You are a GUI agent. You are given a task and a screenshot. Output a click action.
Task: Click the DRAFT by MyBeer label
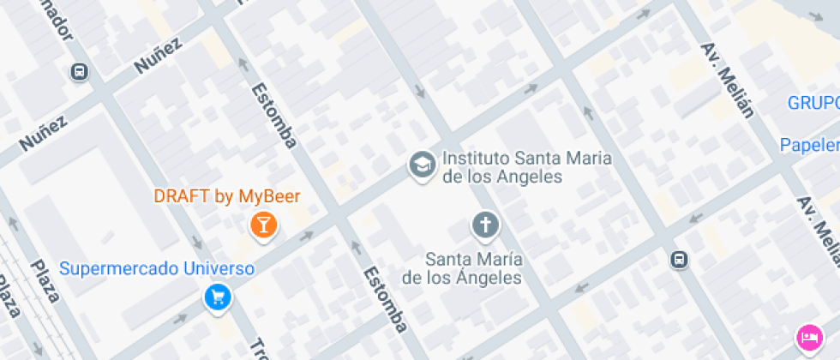(x=227, y=196)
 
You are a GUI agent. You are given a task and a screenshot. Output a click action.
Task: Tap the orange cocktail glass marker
(x=262, y=225)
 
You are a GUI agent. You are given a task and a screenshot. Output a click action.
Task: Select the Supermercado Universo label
(x=157, y=268)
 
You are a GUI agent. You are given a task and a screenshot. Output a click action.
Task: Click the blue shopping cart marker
(x=217, y=297)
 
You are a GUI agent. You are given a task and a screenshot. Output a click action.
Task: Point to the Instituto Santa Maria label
(x=501, y=168)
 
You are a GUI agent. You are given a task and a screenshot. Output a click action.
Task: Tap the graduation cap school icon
(x=421, y=165)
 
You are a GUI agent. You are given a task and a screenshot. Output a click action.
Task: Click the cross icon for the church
(x=484, y=226)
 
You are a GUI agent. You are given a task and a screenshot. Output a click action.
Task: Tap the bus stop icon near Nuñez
(x=80, y=72)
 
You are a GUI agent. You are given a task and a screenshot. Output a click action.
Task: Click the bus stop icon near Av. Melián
(x=680, y=258)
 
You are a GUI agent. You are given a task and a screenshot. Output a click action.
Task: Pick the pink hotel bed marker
(x=808, y=336)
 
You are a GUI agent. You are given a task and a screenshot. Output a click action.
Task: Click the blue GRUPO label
(x=813, y=104)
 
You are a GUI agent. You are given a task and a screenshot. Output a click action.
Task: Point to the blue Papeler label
(x=809, y=145)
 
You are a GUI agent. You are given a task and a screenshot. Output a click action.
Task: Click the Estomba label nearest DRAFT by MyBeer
(x=273, y=114)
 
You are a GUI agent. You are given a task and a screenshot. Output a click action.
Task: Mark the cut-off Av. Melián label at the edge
(x=819, y=231)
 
